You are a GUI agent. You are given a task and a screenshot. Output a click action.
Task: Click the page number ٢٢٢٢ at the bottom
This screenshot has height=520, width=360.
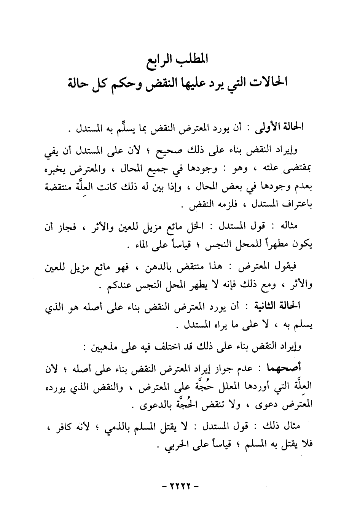pyautogui.click(x=180, y=486)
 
